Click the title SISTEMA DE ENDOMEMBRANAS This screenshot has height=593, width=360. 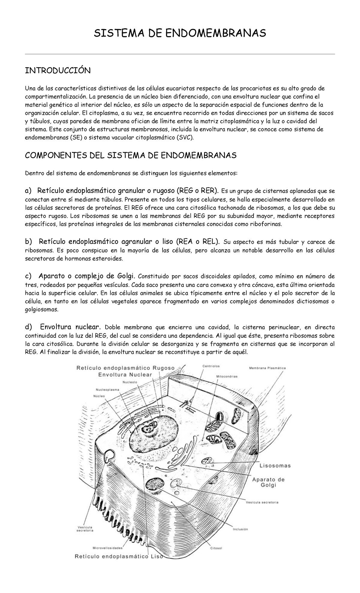click(180, 33)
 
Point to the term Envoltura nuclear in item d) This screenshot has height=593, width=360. click(72, 327)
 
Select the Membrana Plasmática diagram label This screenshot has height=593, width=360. click(267, 368)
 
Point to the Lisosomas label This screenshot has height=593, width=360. click(275, 466)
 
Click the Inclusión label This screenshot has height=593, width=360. click(240, 529)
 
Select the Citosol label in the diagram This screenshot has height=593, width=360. click(216, 548)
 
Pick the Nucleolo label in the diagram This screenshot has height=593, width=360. click(130, 382)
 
